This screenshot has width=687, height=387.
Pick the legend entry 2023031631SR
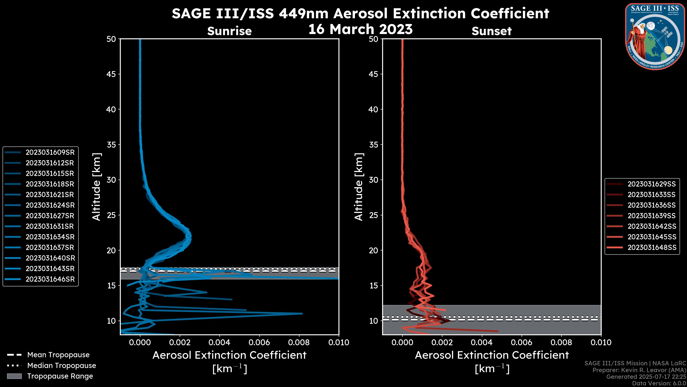[x=50, y=226]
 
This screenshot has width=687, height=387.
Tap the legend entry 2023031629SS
[x=652, y=184]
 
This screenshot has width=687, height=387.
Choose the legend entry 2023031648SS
[x=652, y=248]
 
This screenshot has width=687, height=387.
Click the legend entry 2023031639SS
[x=652, y=216]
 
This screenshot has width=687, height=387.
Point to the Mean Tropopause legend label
[x=58, y=355]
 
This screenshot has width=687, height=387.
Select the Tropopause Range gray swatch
[x=14, y=376]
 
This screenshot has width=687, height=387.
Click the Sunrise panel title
[x=229, y=31]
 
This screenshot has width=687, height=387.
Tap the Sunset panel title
[x=491, y=31]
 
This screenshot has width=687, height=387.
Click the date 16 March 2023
[x=360, y=29]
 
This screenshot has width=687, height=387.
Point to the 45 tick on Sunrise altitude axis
[x=111, y=74]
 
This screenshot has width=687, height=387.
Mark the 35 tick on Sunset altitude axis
[x=374, y=144]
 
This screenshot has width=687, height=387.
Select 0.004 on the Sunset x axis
[x=482, y=342]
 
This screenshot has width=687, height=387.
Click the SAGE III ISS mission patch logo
[x=655, y=37]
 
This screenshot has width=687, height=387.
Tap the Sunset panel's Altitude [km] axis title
[x=359, y=187]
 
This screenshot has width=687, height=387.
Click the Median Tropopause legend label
[x=62, y=365]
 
